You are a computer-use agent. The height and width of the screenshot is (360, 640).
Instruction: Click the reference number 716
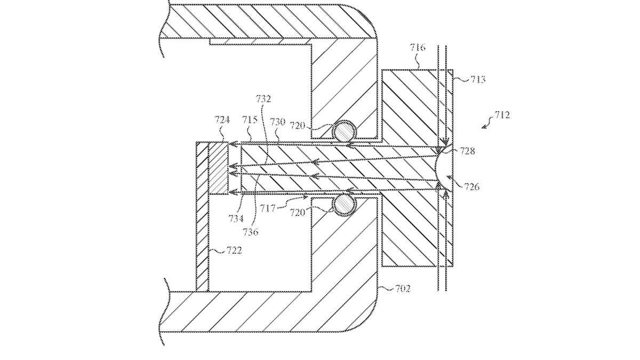418,47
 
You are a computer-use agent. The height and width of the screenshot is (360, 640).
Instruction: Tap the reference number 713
478,79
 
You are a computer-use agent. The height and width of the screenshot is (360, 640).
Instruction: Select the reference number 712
502,115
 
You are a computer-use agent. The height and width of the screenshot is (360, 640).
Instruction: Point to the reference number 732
263,99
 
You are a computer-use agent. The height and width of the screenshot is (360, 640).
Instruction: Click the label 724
222,119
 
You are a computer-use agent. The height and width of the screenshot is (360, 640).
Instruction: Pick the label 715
250,119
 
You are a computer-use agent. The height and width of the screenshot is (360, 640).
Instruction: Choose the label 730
278,122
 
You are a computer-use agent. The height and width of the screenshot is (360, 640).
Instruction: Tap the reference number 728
467,151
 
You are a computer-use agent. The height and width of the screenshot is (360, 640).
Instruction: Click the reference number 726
471,187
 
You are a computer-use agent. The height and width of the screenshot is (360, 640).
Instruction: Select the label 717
267,208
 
